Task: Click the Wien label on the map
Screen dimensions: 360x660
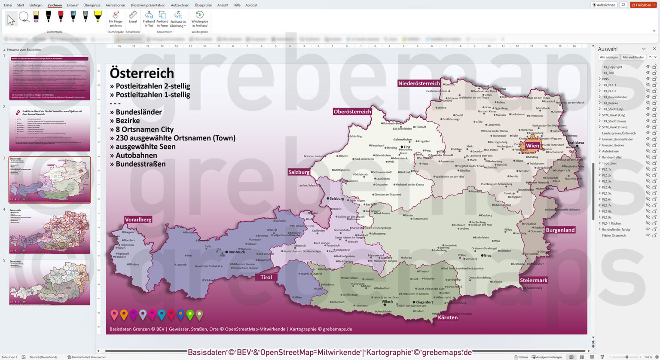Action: coord(532,146)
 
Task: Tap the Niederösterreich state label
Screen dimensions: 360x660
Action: coord(419,83)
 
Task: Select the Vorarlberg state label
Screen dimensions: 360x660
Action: coord(138,220)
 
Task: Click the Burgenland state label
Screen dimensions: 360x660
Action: coord(560,230)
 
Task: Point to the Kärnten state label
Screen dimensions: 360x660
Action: coord(448,317)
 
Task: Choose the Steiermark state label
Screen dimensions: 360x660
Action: coord(534,280)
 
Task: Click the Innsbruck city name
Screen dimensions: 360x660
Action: coord(237,252)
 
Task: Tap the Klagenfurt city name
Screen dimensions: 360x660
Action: coord(424,302)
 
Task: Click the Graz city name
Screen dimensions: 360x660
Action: coord(487,256)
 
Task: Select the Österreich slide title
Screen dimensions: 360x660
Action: coord(142,73)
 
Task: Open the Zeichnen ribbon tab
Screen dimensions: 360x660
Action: coord(55,5)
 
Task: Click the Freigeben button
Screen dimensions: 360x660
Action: coord(643,5)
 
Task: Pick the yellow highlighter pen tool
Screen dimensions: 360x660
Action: coord(98,16)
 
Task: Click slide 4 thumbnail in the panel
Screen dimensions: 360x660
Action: coord(49,231)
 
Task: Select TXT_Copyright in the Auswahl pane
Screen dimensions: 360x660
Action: coord(612,67)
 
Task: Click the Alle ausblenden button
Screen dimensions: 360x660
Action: coord(633,57)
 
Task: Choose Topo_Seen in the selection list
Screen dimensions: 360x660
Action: coord(609,163)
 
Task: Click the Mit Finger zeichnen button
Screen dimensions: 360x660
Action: coord(115,18)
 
